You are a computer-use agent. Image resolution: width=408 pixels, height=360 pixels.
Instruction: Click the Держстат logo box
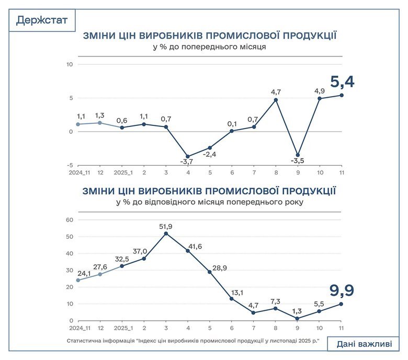tap(42, 20)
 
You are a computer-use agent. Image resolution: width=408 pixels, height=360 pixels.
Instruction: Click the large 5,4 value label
tap(342, 82)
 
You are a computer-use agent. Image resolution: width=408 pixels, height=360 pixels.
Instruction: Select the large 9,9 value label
tap(342, 289)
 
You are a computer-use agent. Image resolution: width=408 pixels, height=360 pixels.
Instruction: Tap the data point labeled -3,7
tap(188, 156)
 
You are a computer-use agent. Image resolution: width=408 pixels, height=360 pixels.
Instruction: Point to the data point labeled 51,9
tap(166, 234)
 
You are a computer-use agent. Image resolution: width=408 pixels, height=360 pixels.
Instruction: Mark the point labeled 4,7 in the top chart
tap(276, 100)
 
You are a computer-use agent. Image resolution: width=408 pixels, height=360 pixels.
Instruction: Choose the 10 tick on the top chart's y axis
tap(69, 64)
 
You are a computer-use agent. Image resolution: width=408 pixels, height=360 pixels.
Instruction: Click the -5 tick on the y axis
tap(70, 165)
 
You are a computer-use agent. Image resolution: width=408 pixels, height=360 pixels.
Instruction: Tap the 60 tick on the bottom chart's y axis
tap(69, 220)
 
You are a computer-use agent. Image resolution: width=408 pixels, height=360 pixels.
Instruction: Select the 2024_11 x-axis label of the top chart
tap(78, 173)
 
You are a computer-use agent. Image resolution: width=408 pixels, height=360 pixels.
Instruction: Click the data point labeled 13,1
tap(232, 299)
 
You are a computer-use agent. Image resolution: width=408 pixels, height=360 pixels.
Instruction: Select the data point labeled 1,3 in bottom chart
tap(298, 318)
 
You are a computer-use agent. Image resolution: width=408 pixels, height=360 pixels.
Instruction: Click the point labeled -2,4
tap(210, 148)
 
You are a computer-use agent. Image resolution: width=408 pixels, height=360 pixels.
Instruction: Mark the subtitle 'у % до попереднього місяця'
tap(209, 47)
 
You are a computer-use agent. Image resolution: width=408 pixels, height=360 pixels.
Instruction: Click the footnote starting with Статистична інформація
tap(192, 340)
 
